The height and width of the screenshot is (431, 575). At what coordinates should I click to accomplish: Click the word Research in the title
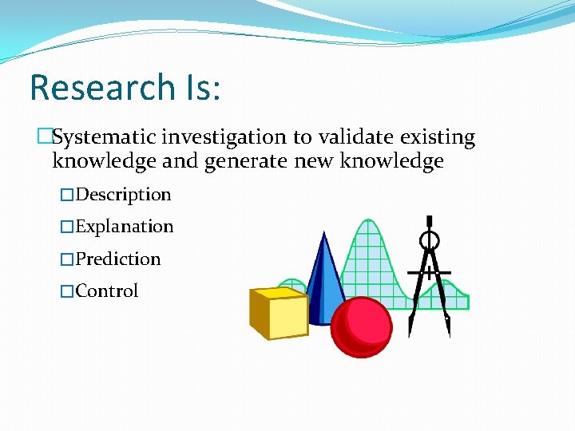tap(101, 87)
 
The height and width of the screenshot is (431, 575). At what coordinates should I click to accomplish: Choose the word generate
tap(246, 162)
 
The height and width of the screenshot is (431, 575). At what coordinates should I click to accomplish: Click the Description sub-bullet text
tap(123, 195)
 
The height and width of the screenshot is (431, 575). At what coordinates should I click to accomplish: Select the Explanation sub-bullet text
tap(124, 227)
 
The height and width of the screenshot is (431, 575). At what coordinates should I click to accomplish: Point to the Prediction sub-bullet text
tap(118, 259)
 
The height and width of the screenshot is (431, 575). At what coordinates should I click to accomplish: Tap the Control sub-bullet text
tap(107, 291)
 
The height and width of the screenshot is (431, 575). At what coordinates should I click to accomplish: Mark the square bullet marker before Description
tap(67, 196)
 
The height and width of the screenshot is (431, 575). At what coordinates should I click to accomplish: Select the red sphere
tap(362, 327)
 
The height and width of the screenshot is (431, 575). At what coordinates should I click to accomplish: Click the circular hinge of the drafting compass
tap(430, 239)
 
